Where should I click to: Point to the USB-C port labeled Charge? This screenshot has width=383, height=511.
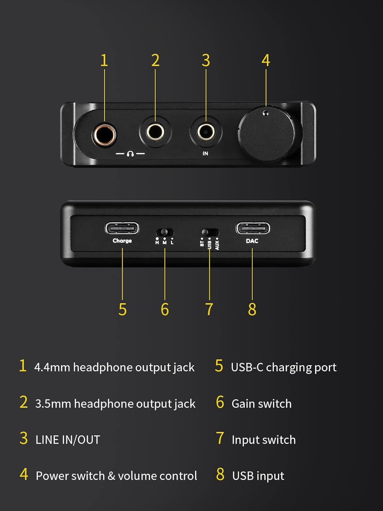point(122,228)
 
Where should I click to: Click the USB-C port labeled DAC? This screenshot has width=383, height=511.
point(253,228)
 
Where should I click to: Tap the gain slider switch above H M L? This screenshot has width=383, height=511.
point(165,232)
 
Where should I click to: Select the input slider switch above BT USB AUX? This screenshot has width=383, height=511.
point(209,232)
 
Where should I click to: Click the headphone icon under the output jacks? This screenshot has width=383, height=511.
point(130,154)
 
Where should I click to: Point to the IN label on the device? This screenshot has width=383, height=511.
point(205,154)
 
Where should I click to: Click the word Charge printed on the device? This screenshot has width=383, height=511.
point(122,241)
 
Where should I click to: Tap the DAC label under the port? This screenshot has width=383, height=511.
point(252,241)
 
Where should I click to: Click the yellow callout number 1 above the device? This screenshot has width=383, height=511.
point(104,61)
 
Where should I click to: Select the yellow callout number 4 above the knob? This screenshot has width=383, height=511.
point(266,61)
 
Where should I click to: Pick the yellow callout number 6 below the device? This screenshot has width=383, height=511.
point(165,309)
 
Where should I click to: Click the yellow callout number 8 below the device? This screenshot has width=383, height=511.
point(252,309)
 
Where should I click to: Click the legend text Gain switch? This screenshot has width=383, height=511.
point(261,404)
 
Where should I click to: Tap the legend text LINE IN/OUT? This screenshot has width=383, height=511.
point(68,440)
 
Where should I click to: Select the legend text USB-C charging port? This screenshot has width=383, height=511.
point(284,367)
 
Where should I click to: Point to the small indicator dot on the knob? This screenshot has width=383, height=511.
point(266,113)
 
